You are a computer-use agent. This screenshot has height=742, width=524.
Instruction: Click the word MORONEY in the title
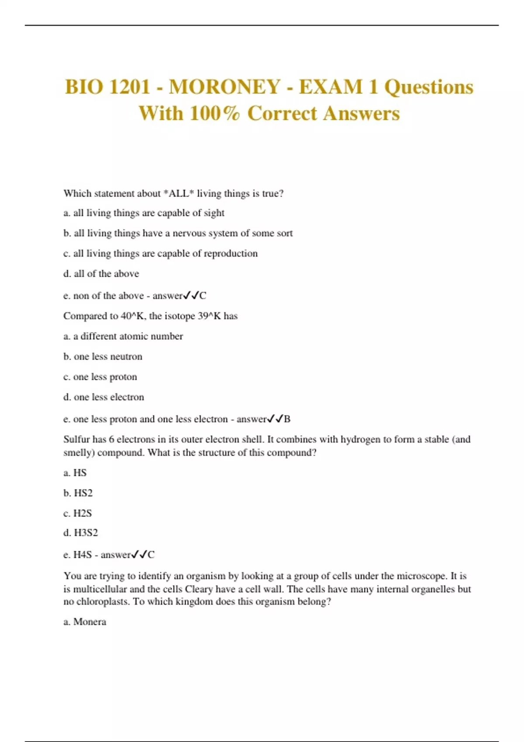coord(224,87)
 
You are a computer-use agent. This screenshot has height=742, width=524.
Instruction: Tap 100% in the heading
coord(215,113)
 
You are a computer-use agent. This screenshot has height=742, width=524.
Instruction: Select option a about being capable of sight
coord(144,213)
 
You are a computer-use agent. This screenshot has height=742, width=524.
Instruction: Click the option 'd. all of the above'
coord(101,274)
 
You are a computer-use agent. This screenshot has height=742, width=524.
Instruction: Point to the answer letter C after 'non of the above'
coord(203,296)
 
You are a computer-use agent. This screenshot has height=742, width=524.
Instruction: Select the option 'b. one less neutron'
coord(103,357)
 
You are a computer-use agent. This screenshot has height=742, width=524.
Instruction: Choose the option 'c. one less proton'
coord(100,377)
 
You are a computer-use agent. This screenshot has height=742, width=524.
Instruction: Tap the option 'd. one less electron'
coord(103,397)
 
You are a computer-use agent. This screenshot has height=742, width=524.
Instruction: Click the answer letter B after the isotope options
coord(287,419)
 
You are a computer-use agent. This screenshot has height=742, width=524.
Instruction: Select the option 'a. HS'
coord(75,473)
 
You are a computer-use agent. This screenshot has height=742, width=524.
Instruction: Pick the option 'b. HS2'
coord(78,493)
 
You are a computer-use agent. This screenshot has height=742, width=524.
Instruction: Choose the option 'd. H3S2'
coord(81,533)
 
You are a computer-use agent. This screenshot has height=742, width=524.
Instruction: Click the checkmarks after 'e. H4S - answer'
coord(140,555)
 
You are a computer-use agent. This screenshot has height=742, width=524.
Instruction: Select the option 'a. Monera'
coord(85,622)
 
